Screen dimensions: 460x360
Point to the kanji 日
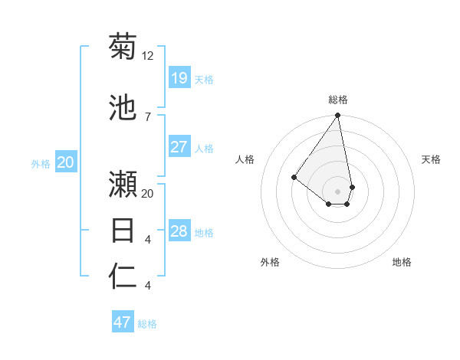pyautogui.click(x=123, y=230)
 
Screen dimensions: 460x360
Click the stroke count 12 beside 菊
pyautogui.click(x=148, y=56)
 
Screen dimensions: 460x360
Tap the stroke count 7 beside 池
pyautogui.click(x=147, y=116)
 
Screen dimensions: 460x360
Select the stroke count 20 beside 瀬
pyautogui.click(x=148, y=194)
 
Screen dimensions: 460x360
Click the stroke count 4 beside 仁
pyautogui.click(x=147, y=286)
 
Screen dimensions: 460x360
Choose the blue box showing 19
pyautogui.click(x=179, y=78)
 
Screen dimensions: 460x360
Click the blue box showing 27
pyautogui.click(x=179, y=147)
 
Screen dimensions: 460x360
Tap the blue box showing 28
pyautogui.click(x=179, y=231)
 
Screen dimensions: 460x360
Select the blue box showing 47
pyautogui.click(x=123, y=322)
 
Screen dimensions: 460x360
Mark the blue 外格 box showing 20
pyautogui.click(x=65, y=162)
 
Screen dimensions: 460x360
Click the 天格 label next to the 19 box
pyautogui.click(x=204, y=80)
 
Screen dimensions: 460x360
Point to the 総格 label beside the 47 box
pyautogui.click(x=147, y=324)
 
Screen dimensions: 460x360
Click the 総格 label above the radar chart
pyautogui.click(x=338, y=100)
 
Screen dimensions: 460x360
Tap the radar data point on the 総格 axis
pyautogui.click(x=337, y=116)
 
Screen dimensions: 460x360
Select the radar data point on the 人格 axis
pyautogui.click(x=294, y=178)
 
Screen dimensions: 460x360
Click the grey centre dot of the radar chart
pyautogui.click(x=337, y=191)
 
